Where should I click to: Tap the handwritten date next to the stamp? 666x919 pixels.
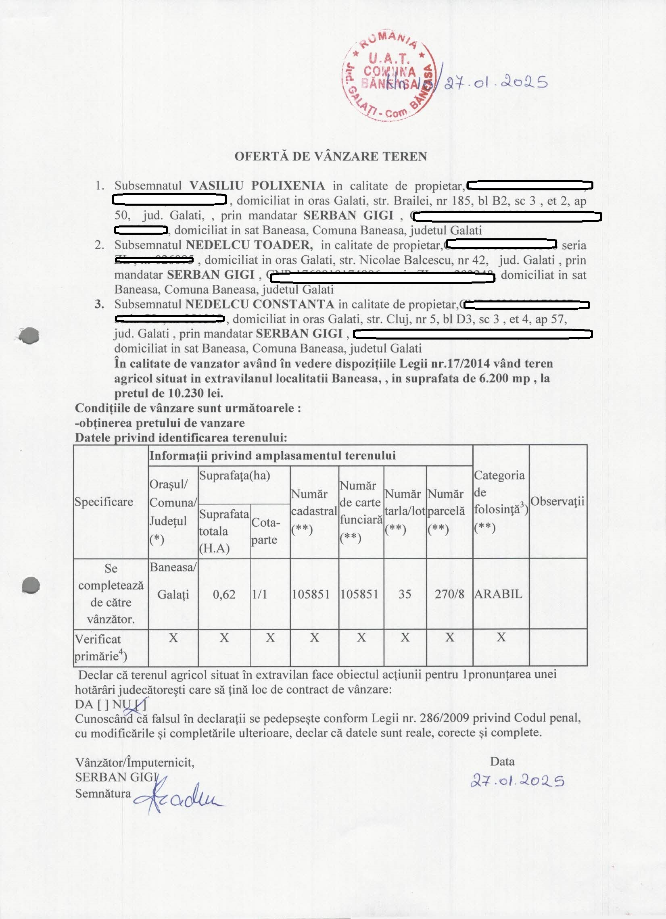(495, 83)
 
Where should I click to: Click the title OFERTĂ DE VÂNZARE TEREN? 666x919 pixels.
(330, 156)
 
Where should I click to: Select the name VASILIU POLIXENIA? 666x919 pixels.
(257, 185)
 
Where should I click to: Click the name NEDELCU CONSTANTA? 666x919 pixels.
(260, 304)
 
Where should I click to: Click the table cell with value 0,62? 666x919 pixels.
(224, 594)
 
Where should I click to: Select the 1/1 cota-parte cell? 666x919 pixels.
(259, 594)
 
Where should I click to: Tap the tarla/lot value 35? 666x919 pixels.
(405, 594)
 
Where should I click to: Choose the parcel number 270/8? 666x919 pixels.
(449, 594)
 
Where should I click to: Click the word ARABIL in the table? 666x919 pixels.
(498, 594)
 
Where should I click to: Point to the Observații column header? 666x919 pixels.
(557, 501)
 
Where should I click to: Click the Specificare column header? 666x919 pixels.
(104, 502)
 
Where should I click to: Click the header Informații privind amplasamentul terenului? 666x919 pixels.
(272, 455)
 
